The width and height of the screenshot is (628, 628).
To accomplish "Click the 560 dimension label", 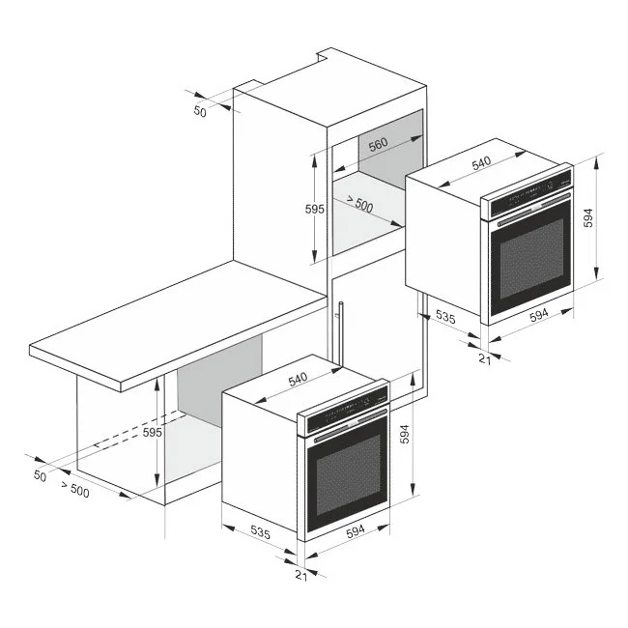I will click(377, 143).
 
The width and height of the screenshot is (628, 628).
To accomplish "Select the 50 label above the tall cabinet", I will click(201, 112).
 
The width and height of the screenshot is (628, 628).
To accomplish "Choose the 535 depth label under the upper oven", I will click(446, 315).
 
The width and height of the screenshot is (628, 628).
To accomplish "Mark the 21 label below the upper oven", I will click(485, 358).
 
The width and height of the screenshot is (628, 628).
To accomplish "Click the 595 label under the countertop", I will click(152, 433).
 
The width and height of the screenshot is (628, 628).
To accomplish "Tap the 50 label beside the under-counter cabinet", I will click(40, 475).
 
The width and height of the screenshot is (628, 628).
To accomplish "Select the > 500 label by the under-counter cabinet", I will click(73, 490).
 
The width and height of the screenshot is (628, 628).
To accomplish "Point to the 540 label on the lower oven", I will click(299, 380).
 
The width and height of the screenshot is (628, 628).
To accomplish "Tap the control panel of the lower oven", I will click(346, 414).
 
